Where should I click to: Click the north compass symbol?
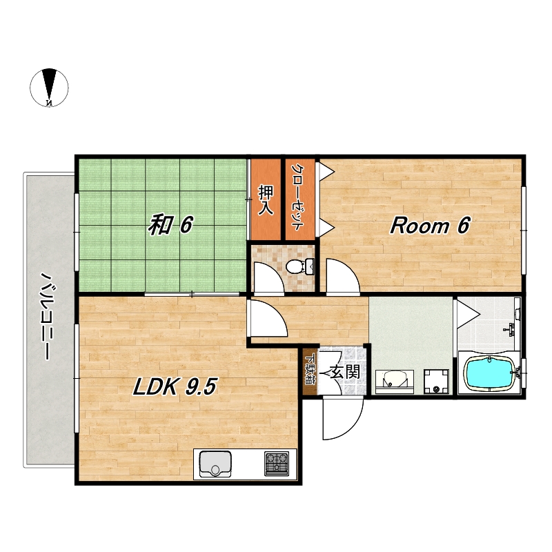[x=49, y=88]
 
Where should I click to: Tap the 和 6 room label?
[x=170, y=225]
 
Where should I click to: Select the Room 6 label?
[x=430, y=226]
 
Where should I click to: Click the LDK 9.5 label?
[x=175, y=386]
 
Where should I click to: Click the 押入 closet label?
[x=266, y=199]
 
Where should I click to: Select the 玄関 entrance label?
[x=345, y=372]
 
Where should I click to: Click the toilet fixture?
[x=300, y=266]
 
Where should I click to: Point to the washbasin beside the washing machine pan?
[x=394, y=382]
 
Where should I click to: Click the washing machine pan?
[x=436, y=382]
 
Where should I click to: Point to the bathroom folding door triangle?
[x=468, y=314]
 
